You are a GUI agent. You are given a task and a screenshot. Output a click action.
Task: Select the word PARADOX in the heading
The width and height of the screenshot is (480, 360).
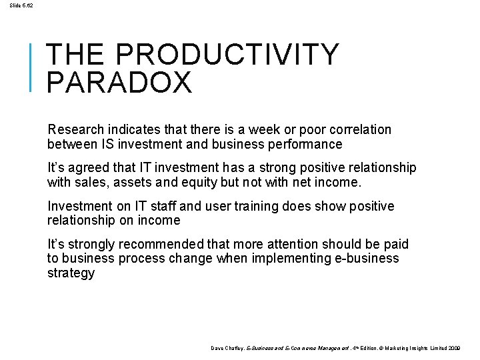(x=120, y=83)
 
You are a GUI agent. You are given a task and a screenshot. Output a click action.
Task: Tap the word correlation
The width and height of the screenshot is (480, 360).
(x=359, y=130)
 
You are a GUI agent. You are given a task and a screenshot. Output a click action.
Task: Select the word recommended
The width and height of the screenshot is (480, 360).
(x=160, y=245)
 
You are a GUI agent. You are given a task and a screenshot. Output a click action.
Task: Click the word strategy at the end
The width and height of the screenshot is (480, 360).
(x=71, y=273)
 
